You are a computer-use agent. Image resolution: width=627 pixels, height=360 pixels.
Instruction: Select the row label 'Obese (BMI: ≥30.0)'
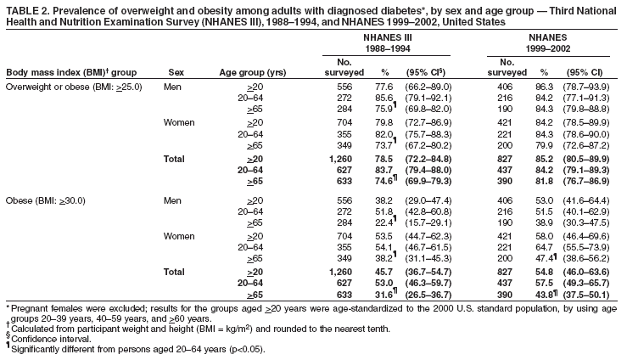pyautogui.click(x=51, y=200)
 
